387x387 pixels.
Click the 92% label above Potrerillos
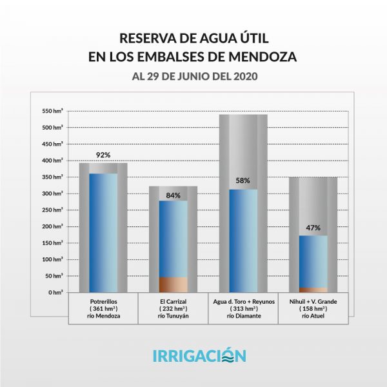pyautogui.click(x=103, y=155)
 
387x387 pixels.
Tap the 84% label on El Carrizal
pyautogui.click(x=173, y=195)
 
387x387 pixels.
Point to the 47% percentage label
pyautogui.click(x=313, y=228)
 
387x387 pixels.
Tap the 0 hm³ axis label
pyautogui.click(x=55, y=293)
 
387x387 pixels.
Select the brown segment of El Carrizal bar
pyautogui.click(x=173, y=284)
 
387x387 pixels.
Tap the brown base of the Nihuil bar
pyautogui.click(x=313, y=290)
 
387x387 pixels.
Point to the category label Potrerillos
pyautogui.click(x=103, y=301)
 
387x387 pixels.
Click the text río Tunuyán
pyautogui.click(x=173, y=316)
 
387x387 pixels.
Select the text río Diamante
pyautogui.click(x=243, y=316)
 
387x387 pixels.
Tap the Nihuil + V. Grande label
pyautogui.click(x=313, y=301)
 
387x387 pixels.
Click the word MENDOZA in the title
pyautogui.click(x=258, y=57)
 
